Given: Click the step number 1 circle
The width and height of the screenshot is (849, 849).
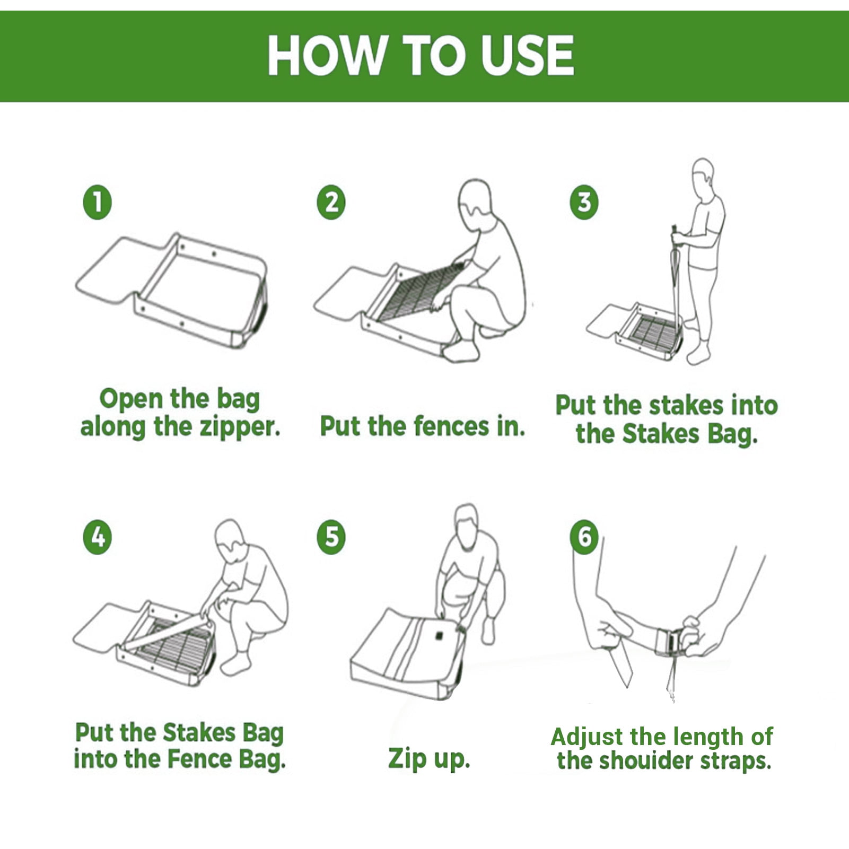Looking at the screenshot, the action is coord(97,202).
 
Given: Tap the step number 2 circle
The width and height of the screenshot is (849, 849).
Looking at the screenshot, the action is coord(331,202).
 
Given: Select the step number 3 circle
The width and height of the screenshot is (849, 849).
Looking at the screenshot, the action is coord(584,202).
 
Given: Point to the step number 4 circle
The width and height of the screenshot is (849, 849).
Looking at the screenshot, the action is coord(97,537).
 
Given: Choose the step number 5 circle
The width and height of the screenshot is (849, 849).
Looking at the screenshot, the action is coord(331,537).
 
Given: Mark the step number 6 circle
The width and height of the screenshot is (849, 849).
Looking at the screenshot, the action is coord(584,537).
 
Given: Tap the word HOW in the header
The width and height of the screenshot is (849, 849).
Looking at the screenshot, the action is coord(327,55).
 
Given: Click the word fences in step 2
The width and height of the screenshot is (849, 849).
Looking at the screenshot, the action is coord(451,426).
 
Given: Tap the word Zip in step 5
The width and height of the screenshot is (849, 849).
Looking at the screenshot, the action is coord(407,758).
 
